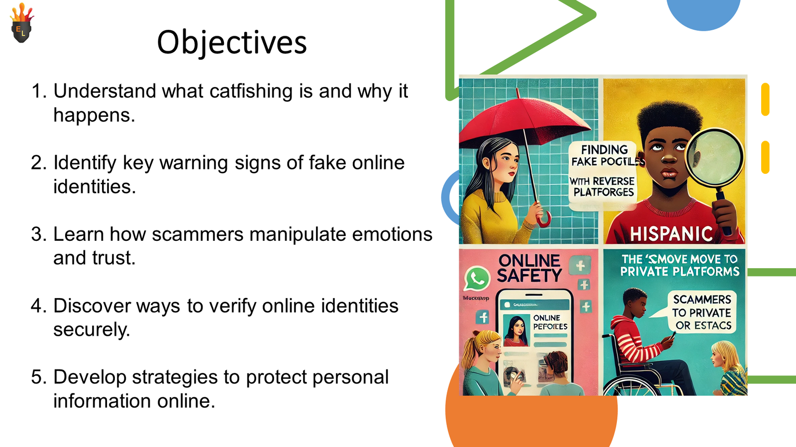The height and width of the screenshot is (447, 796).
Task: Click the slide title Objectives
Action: click(232, 42)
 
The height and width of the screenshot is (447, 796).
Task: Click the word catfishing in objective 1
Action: click(251, 91)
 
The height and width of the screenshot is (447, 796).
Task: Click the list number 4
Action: click(37, 306)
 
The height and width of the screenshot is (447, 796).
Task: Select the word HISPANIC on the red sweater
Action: click(672, 233)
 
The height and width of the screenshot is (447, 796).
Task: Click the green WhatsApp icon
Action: click(477, 279)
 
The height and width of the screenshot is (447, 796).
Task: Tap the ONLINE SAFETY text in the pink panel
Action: click(529, 268)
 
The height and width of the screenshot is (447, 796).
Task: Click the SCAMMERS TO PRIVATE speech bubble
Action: click(702, 312)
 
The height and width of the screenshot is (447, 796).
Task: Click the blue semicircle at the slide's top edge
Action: click(703, 12)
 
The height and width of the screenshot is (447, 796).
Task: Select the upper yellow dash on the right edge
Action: click(765, 99)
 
